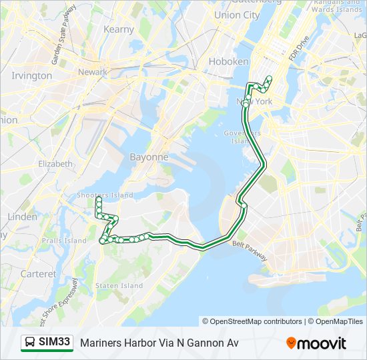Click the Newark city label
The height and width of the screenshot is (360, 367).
tap(93, 72)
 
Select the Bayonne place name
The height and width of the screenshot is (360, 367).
tap(148, 157)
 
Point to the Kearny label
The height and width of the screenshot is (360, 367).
tap(119, 29)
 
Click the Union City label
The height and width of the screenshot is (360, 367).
tap(237, 15)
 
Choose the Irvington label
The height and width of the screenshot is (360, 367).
tap(31, 75)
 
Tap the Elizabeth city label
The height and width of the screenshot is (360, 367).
tap(55, 163)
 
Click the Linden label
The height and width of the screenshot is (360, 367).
tap(22, 217)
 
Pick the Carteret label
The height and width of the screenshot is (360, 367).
tap(38, 274)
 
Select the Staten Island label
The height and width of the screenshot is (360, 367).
tap(119, 285)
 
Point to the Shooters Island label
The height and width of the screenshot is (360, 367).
tap(97, 195)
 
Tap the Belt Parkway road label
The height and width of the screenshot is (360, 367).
tap(251, 250)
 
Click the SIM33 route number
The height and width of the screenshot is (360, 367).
tap(55, 343)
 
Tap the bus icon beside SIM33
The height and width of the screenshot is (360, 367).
tap(30, 343)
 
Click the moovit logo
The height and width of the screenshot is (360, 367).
tap(316, 343)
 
